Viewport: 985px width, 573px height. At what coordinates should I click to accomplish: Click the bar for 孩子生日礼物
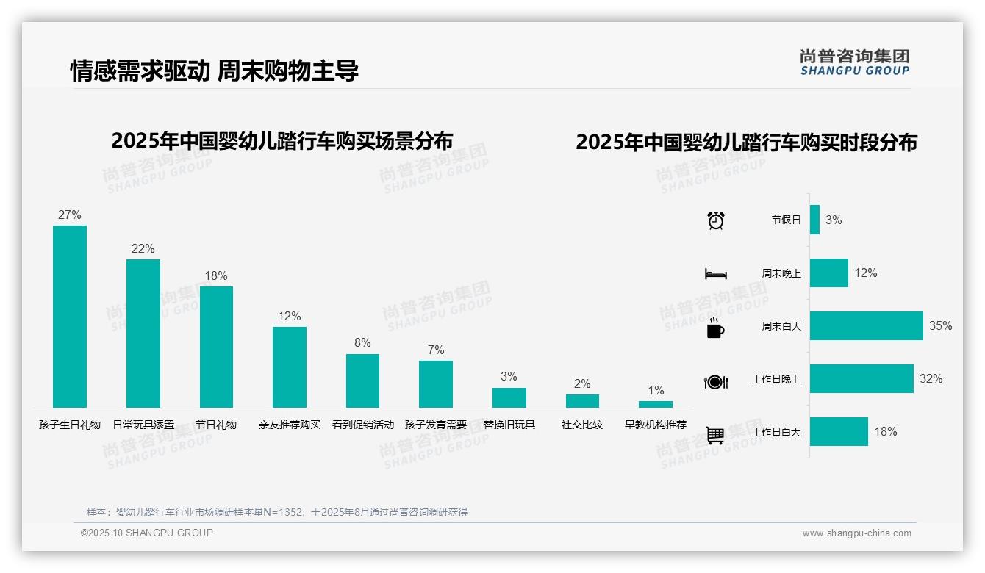pyautogui.click(x=70, y=316)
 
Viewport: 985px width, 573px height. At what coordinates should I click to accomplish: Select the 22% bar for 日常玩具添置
pyautogui.click(x=143, y=333)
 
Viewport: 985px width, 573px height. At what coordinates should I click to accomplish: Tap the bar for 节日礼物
pyautogui.click(x=216, y=347)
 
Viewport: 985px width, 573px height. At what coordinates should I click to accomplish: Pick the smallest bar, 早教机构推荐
pyautogui.click(x=656, y=404)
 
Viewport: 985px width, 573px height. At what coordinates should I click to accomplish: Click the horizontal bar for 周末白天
pyautogui.click(x=866, y=325)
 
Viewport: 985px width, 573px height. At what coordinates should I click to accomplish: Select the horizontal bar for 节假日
pyautogui.click(x=814, y=220)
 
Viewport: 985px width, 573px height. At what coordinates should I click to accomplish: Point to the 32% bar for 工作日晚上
pyautogui.click(x=862, y=378)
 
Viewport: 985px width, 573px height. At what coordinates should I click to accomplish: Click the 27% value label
pyautogui.click(x=70, y=215)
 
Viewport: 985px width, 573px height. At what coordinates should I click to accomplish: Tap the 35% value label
pyautogui.click(x=940, y=325)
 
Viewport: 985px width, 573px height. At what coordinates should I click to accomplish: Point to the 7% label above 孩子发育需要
pyautogui.click(x=436, y=350)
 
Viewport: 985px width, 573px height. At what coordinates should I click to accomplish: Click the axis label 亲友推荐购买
pyautogui.click(x=290, y=425)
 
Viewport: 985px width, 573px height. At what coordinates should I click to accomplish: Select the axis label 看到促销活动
pyautogui.click(x=363, y=425)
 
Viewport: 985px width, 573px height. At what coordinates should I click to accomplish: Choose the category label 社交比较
pyautogui.click(x=582, y=425)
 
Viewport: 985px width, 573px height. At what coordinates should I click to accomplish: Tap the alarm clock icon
pyautogui.click(x=716, y=220)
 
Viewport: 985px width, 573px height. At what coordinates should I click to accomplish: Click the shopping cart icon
pyautogui.click(x=715, y=435)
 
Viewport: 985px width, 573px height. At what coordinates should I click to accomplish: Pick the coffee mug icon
pyautogui.click(x=715, y=328)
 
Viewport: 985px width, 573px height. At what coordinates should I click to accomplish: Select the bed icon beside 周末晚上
pyautogui.click(x=715, y=274)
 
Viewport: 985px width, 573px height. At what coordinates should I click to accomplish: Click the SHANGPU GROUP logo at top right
pyautogui.click(x=854, y=62)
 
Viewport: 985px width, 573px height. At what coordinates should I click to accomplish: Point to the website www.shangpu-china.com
pyautogui.click(x=856, y=533)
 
